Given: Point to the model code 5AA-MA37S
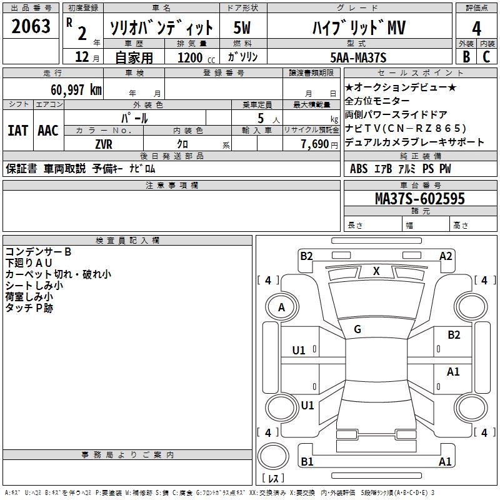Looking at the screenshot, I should pos(359,57).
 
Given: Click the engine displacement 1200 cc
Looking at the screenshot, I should pos(194,57).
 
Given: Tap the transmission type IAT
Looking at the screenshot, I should pos(17,131).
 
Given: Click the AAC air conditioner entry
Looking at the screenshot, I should pos(48,131).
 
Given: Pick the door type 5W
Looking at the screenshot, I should pos(242,28).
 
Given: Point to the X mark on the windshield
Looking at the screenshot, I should pos(376,271).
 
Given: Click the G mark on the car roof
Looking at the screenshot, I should pos(357,329).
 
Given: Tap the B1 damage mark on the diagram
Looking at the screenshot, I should pos(307,462).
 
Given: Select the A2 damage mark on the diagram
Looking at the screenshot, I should pos(446,256).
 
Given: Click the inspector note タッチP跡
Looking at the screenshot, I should pos(29,308).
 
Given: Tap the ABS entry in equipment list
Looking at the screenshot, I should pos(359,169).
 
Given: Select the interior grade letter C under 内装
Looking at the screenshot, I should pos(486,57).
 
